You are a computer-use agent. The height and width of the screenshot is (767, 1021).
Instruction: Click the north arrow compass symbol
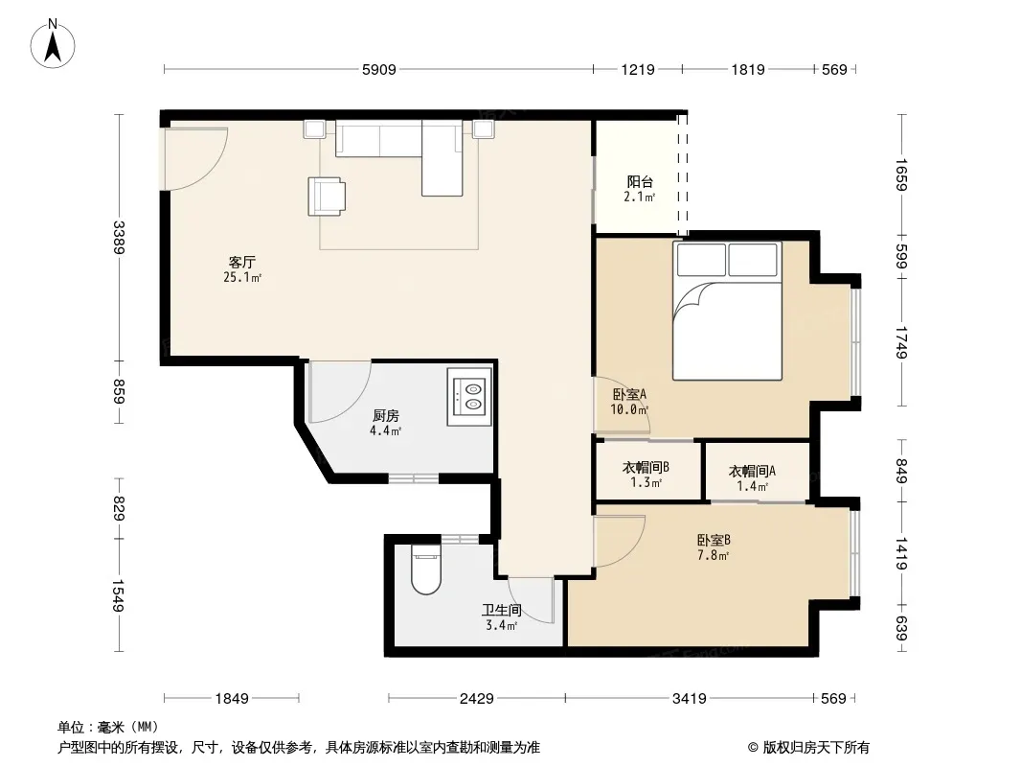[x=53, y=43]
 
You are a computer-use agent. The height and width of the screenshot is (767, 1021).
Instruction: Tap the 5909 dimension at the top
[x=379, y=69]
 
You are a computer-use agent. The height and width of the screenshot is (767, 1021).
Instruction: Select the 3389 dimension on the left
[x=119, y=237]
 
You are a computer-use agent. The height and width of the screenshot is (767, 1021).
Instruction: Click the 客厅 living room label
[x=241, y=262]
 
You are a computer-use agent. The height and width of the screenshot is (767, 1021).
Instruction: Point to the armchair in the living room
[x=327, y=197]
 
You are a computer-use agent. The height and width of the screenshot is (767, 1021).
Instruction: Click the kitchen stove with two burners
[x=468, y=397]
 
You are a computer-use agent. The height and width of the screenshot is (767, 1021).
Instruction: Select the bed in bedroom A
[x=727, y=311]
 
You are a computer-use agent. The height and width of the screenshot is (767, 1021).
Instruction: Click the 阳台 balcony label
[x=640, y=182]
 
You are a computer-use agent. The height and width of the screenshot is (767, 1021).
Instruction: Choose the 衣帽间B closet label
[x=646, y=467]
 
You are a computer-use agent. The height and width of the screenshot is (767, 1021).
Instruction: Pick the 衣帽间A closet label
[x=752, y=471]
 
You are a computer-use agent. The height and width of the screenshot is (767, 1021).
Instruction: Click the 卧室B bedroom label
[x=714, y=540]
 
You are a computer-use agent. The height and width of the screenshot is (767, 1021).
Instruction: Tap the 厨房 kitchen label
[x=385, y=415]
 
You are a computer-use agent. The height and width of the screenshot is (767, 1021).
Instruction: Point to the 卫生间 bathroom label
[x=501, y=610]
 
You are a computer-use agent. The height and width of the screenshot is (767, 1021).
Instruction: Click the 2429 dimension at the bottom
[x=477, y=699]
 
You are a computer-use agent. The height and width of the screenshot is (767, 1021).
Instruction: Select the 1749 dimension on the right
[x=901, y=342]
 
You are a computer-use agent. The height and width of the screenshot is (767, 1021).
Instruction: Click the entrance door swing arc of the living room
[x=209, y=172]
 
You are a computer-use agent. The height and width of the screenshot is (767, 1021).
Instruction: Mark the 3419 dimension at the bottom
[x=689, y=699]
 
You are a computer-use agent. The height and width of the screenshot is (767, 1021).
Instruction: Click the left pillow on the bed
[x=701, y=260]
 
